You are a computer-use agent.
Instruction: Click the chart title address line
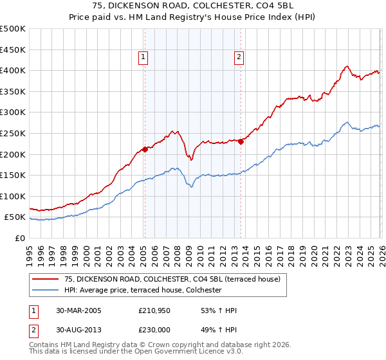tap(193, 6)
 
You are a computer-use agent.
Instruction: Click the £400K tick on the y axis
tap(13, 70)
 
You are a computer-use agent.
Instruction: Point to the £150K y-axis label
tap(13, 175)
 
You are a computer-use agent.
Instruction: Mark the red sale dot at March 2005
tap(145, 149)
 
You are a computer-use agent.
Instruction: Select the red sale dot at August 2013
tap(241, 141)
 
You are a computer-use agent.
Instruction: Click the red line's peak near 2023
tap(347, 66)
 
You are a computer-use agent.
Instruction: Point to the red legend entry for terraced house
tap(172, 279)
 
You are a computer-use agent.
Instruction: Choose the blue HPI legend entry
tap(143, 290)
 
